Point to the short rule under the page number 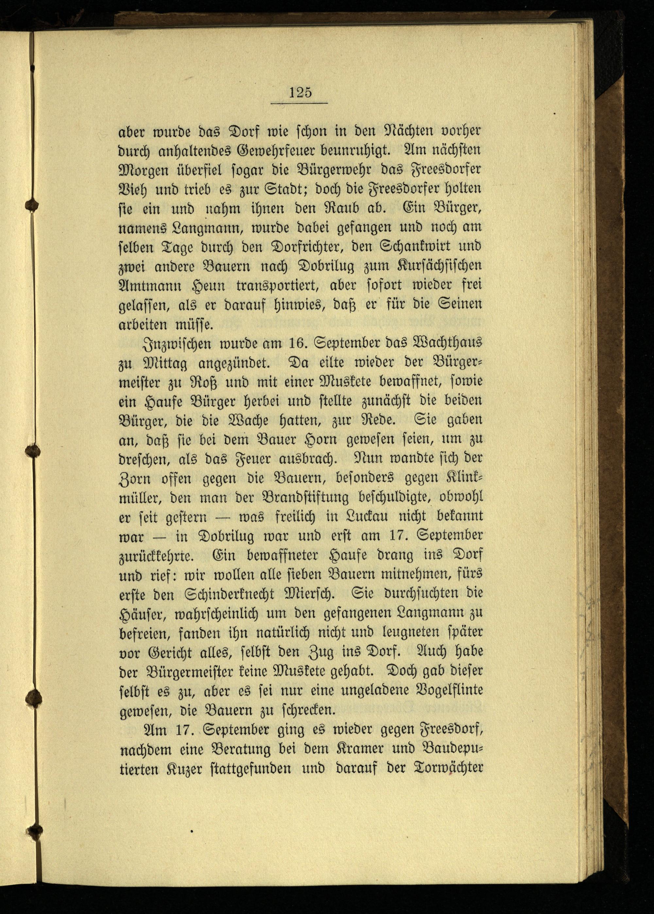[x=299, y=104]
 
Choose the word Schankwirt [x=398, y=246]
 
